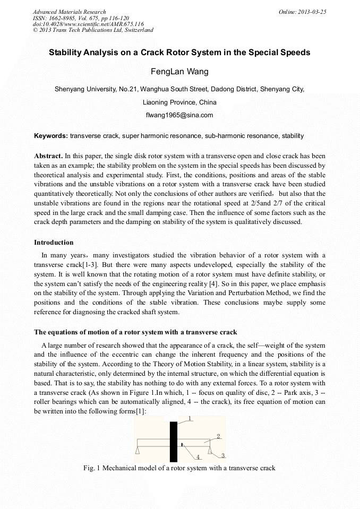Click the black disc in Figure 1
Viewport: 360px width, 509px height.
click(173, 441)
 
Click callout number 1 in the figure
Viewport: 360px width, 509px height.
click(188, 418)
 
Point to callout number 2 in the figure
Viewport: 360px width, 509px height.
click(218, 436)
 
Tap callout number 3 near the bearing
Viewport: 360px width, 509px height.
click(223, 455)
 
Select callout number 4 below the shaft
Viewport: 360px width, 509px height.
click(198, 457)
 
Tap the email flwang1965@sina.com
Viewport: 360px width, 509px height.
click(179, 115)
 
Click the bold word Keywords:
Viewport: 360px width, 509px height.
click(51, 136)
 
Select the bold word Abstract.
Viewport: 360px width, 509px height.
click(48, 156)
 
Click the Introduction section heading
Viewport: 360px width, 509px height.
click(54, 243)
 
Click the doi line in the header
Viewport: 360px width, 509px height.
click(88, 24)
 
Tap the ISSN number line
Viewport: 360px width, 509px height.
click(81, 18)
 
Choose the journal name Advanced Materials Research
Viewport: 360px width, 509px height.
click(69, 12)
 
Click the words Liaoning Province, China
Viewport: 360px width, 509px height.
click(179, 102)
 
